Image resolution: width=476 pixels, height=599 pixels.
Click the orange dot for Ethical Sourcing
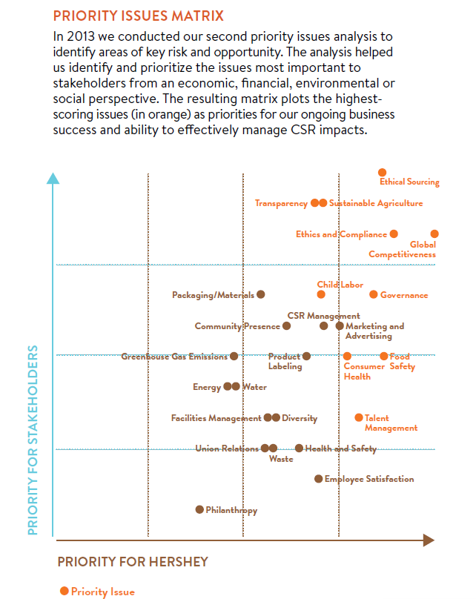[383, 172]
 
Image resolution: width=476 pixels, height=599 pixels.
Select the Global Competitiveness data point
[434, 234]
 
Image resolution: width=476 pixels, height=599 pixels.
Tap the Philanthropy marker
[199, 509]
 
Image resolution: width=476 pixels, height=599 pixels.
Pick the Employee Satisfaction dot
[319, 479]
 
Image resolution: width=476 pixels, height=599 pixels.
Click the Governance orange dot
[374, 294]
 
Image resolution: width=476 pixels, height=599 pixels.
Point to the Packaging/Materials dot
[261, 294]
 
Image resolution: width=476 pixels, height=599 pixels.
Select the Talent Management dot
[359, 418]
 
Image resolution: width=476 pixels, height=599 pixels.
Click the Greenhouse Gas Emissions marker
[234, 357]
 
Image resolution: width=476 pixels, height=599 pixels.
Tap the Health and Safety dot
[299, 449]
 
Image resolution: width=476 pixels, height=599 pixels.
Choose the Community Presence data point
[287, 325]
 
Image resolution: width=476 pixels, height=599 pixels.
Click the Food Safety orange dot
[384, 357]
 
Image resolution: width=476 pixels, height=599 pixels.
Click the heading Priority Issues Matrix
[139, 16]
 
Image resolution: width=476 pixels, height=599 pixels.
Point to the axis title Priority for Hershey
[133, 561]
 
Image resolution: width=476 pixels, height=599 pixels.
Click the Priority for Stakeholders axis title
[33, 438]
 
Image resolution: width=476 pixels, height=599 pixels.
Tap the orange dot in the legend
[65, 591]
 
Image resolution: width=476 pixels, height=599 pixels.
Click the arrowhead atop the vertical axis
[53, 178]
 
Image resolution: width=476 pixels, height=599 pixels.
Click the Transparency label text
[281, 203]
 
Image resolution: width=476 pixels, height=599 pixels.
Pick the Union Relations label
[227, 449]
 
